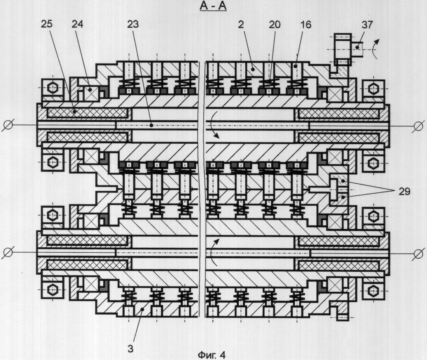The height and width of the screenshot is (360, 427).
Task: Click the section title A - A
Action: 213,6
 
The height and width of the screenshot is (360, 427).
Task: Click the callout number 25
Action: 47,24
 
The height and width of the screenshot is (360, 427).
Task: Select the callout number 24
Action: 77,24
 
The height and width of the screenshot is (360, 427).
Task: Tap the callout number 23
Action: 133,24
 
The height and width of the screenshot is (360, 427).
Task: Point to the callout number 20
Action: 275,24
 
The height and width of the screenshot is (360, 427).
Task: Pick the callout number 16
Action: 306,24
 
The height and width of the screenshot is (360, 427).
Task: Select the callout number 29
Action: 404,192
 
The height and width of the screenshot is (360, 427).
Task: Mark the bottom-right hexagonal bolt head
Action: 372,291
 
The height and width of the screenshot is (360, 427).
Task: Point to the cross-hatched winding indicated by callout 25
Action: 87,113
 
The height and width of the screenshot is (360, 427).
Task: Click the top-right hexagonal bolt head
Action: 372,88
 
